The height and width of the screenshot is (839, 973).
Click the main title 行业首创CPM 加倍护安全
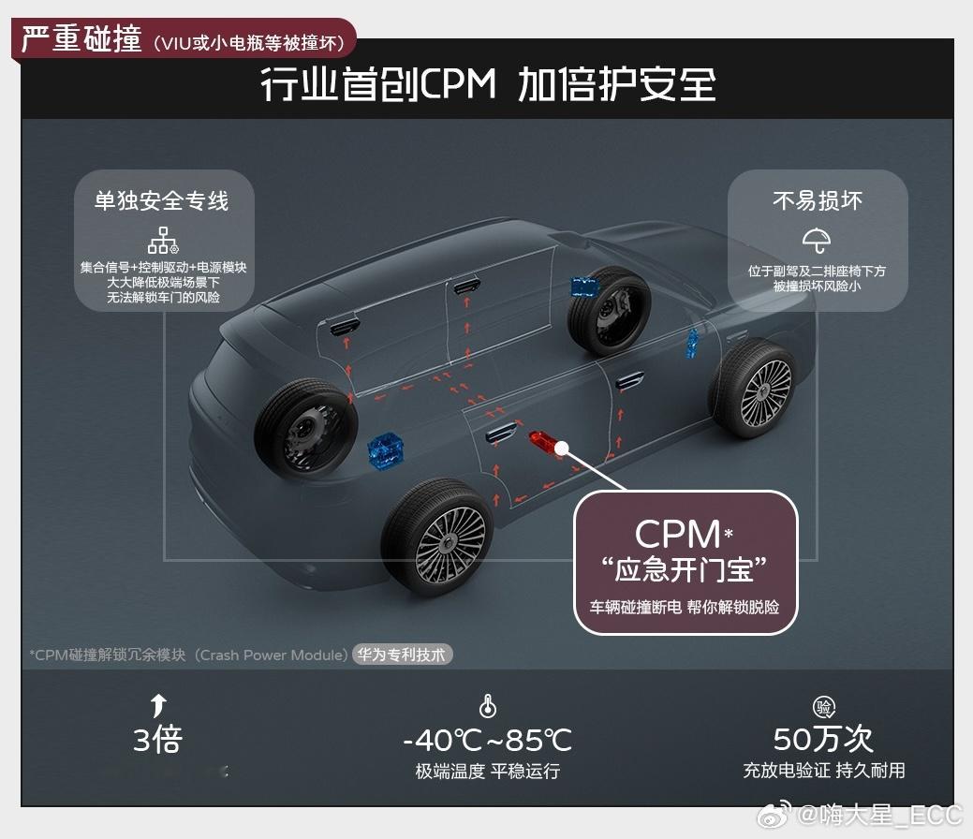(487, 85)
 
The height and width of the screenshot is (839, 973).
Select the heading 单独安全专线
(161, 201)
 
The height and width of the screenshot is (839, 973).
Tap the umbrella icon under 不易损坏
(817, 240)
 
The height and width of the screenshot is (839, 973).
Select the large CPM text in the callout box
(677, 534)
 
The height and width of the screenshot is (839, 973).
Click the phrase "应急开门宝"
(685, 569)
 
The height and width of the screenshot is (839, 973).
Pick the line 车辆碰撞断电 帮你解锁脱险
(685, 606)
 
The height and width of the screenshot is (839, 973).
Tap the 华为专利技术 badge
(403, 655)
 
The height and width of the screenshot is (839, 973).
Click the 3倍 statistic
(157, 741)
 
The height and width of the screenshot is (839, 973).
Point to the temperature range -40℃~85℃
(487, 741)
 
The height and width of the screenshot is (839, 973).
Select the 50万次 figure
(823, 739)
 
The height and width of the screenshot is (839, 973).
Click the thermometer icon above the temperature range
(487, 707)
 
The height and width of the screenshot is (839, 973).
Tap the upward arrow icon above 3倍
(158, 706)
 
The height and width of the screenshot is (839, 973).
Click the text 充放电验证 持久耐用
(823, 771)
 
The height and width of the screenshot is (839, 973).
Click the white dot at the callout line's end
(562, 449)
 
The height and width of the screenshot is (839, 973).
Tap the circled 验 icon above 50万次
(824, 707)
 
